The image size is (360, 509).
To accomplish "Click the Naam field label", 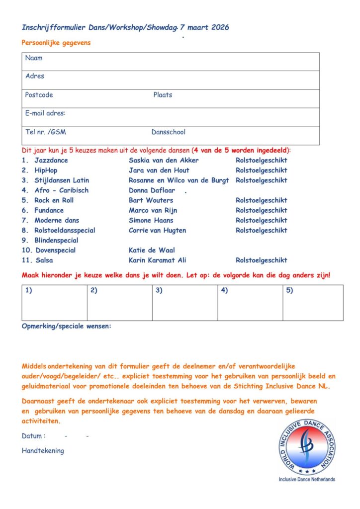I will point(34,58).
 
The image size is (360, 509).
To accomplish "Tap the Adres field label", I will point(35,76).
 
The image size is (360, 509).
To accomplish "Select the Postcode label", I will point(39,95).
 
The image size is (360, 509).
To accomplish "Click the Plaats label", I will point(163,95).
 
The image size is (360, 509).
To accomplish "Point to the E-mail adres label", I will point(45,113).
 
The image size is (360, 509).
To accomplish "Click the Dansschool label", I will point(169,132).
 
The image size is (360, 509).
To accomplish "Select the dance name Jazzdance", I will point(51,161).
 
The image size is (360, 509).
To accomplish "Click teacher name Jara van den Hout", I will point(159,170).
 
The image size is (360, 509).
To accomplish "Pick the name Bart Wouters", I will point(151,200).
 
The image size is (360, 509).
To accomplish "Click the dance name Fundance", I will point(49,210).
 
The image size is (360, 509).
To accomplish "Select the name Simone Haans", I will point(152,220).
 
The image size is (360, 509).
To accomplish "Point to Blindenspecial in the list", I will point(56,240).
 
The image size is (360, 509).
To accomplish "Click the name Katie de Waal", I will point(152,250).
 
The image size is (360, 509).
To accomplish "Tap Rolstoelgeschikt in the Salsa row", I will point(262,260).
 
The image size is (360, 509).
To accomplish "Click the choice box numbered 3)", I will point(184,303).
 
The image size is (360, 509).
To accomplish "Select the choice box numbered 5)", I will point(313,303).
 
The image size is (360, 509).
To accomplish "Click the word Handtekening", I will point(43,451).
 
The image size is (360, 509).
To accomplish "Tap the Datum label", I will point(34,436).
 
